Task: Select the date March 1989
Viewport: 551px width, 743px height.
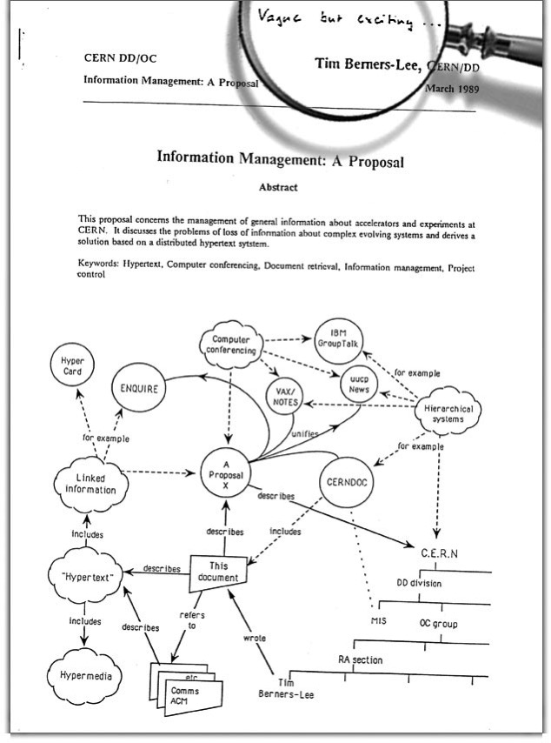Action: pyautogui.click(x=452, y=88)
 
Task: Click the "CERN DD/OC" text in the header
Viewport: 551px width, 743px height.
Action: pyautogui.click(x=121, y=58)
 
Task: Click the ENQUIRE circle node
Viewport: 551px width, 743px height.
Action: pyautogui.click(x=139, y=389)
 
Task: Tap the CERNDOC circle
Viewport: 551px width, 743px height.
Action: pyautogui.click(x=347, y=481)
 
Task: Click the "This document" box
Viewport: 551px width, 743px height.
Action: pyautogui.click(x=217, y=569)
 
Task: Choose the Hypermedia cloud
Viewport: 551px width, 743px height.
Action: pyautogui.click(x=84, y=675)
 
